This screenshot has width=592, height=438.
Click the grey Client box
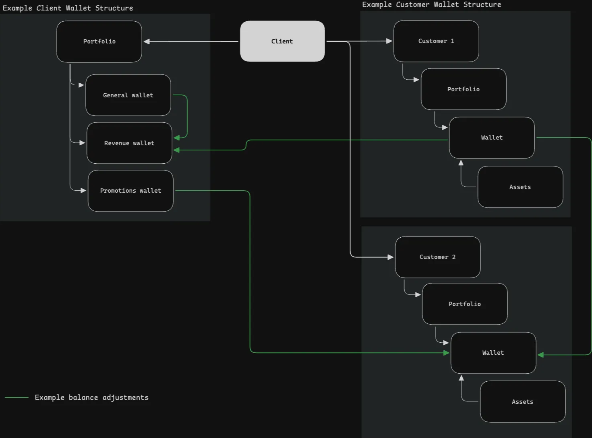[282, 41]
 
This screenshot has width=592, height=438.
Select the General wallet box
[128, 95]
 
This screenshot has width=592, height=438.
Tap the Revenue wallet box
[129, 143]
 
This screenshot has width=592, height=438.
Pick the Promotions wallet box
[130, 191]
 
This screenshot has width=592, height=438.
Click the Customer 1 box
[436, 41]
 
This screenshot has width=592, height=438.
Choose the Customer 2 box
[438, 257]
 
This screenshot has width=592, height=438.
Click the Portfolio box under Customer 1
[464, 89]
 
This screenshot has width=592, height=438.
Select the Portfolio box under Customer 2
[465, 304]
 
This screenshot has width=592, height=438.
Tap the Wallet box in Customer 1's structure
[492, 138]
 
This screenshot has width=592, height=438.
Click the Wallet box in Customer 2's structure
[493, 353]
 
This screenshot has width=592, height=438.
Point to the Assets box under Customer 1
[520, 187]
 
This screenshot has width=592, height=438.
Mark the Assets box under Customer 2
[523, 401]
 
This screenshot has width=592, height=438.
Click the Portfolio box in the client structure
[99, 41]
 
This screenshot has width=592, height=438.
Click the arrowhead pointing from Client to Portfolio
[147, 41]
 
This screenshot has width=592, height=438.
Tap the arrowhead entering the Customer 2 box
[390, 257]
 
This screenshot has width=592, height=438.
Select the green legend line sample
[17, 397]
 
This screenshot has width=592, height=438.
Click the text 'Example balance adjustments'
[91, 397]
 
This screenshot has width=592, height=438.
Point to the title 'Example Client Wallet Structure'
[68, 8]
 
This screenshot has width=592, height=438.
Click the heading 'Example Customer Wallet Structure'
[432, 4]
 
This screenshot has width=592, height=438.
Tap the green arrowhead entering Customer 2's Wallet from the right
[541, 355]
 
